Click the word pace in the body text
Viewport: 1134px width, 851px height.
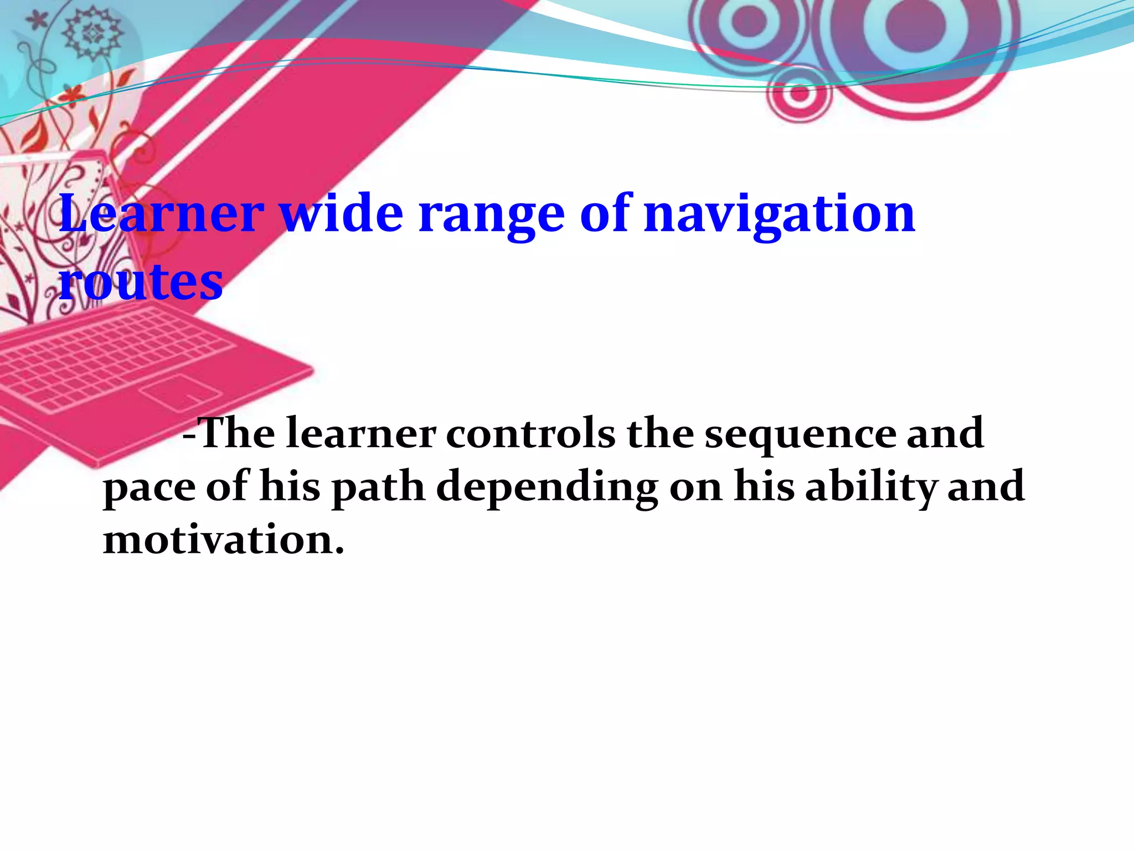click(150, 488)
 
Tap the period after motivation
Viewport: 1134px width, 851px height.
click(339, 551)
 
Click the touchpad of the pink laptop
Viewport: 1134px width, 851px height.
click(179, 390)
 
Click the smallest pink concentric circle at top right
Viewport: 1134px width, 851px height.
click(798, 93)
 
